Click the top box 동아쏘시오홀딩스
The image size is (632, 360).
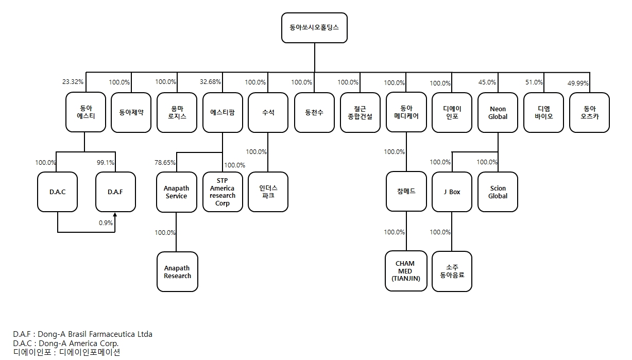(x=314, y=28)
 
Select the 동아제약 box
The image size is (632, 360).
(x=131, y=112)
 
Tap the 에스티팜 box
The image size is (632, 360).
(x=223, y=112)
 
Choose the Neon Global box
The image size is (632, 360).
(x=498, y=112)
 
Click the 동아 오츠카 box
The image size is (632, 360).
(x=589, y=112)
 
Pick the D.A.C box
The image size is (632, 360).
(x=57, y=192)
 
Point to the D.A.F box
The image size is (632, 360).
(x=115, y=192)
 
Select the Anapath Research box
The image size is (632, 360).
(x=177, y=272)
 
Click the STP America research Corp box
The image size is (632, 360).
(x=223, y=192)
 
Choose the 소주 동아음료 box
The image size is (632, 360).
(x=452, y=271)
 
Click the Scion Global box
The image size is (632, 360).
(x=498, y=192)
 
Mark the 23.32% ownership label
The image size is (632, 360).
(x=73, y=82)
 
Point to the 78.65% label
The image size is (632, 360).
(x=165, y=162)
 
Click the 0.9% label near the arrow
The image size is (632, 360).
(x=106, y=223)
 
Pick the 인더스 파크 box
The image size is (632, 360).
(x=268, y=192)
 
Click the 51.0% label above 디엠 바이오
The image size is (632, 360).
(x=534, y=82)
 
